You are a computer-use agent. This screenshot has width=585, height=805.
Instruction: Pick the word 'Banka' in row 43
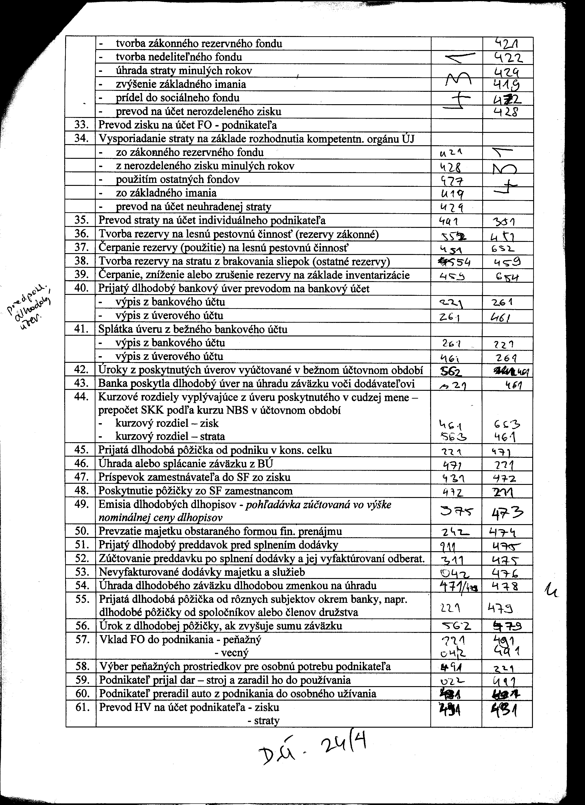(111, 384)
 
